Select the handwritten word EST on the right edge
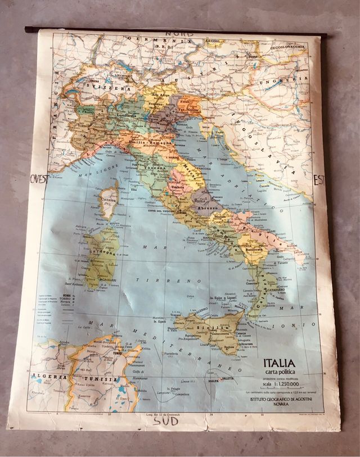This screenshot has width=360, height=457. click(319, 180)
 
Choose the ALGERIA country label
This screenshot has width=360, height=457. click(46, 376)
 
